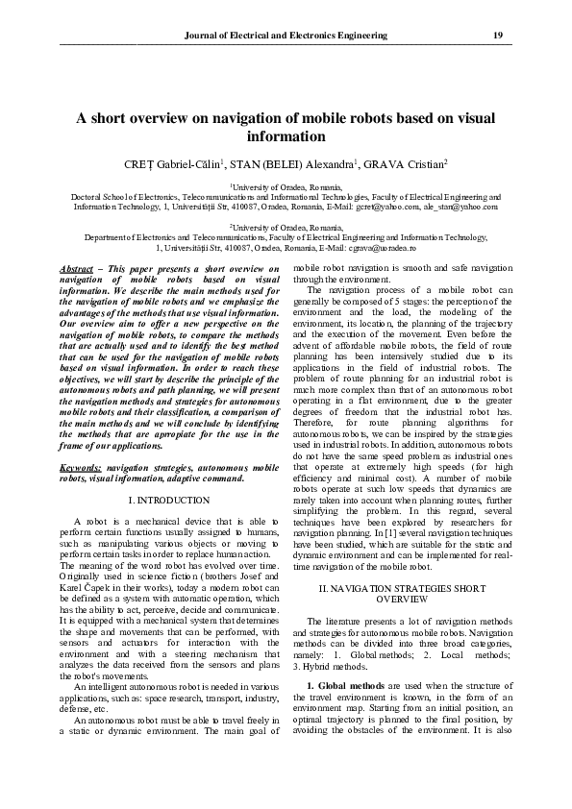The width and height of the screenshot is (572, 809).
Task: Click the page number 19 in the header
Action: coord(498,35)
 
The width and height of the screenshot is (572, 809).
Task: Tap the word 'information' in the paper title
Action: coord(286,136)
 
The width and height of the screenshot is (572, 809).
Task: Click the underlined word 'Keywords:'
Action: coord(81,466)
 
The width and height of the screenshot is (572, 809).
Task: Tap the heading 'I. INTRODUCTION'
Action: coord(168,501)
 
